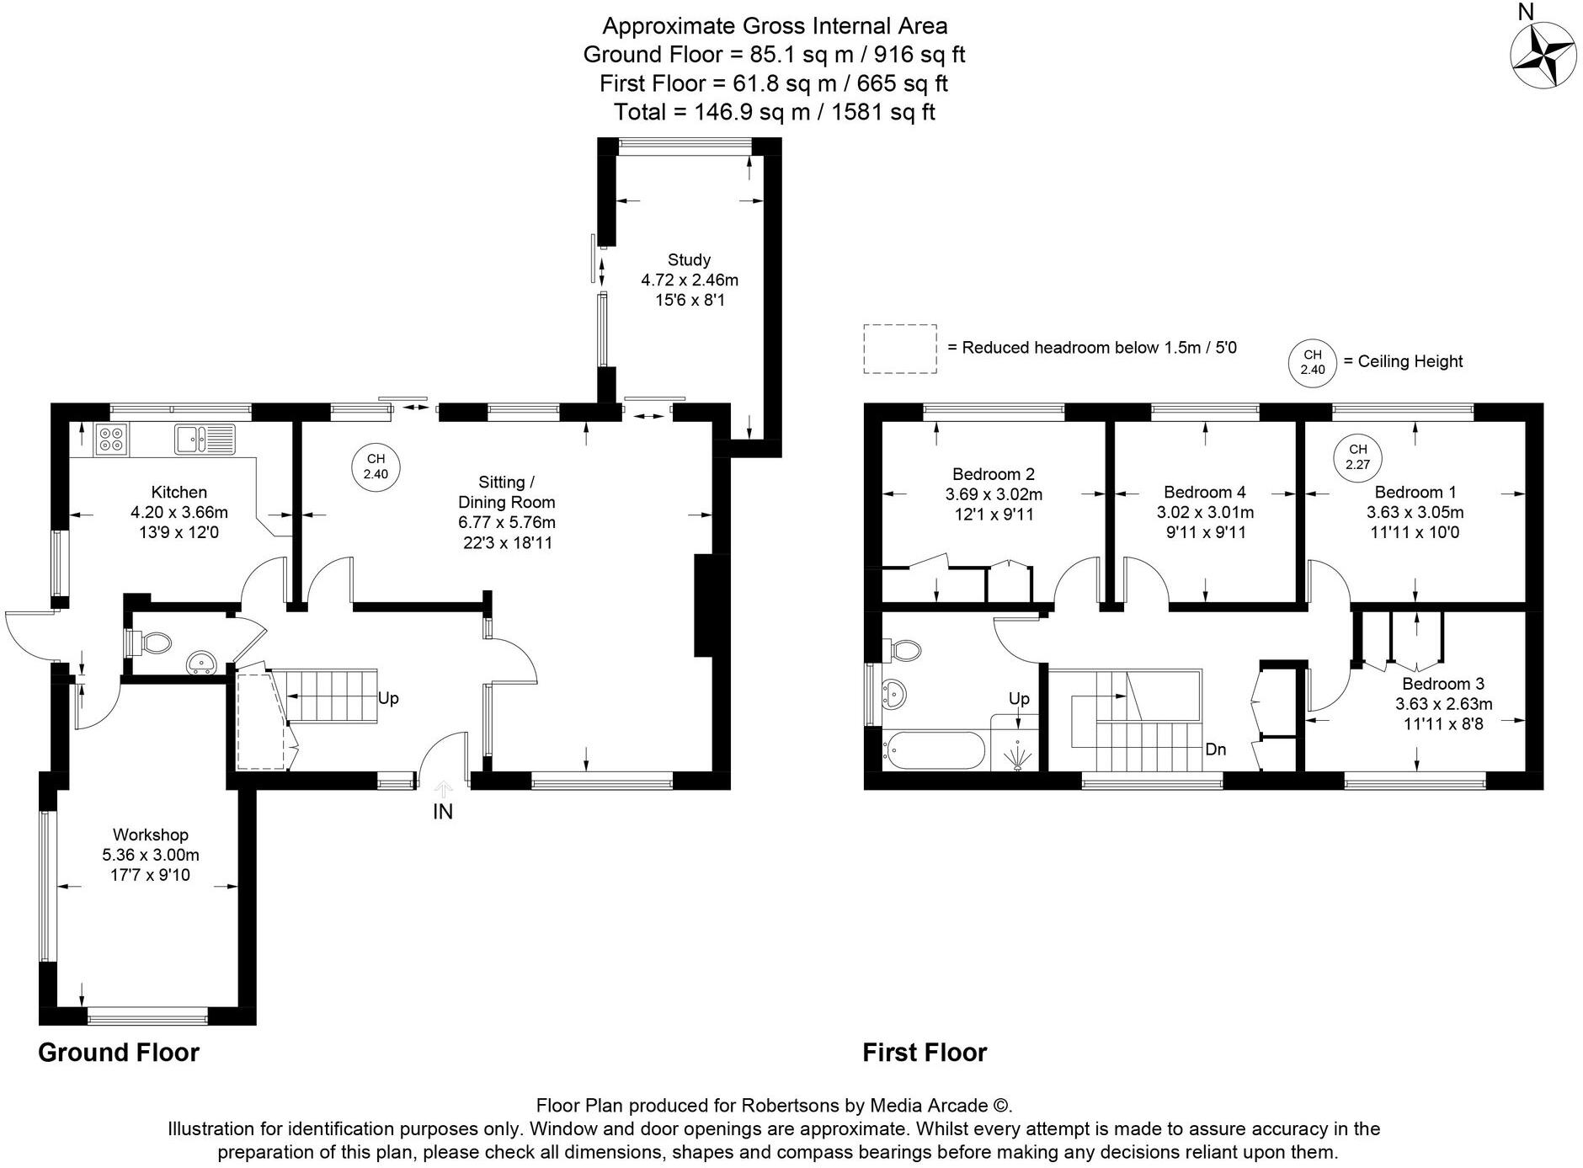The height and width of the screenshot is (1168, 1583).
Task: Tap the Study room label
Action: tap(689, 259)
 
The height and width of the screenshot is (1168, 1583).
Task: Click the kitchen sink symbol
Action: tap(205, 438)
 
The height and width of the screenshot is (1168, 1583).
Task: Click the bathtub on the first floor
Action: tap(932, 750)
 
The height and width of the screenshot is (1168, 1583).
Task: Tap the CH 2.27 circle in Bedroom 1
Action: tap(1357, 457)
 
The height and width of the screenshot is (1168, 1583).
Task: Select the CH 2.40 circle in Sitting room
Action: tap(375, 467)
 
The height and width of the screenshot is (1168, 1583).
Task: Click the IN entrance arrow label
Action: tap(443, 811)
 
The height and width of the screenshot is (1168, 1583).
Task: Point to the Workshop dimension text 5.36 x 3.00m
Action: tap(151, 855)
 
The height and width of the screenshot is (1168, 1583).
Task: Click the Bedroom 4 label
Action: tap(1204, 492)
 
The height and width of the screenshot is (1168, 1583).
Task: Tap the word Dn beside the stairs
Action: tap(1215, 749)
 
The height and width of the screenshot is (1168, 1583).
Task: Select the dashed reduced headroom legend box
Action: tap(899, 349)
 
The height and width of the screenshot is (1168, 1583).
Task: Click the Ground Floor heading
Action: tap(119, 1053)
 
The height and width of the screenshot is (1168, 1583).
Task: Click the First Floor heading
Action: tap(925, 1053)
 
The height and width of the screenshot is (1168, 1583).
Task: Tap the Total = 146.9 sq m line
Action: tap(774, 112)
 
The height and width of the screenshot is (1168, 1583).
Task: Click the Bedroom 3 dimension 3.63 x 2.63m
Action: tap(1443, 704)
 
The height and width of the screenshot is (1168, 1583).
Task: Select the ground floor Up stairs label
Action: tap(388, 698)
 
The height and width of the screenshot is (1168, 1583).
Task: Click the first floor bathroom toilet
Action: tap(903, 649)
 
